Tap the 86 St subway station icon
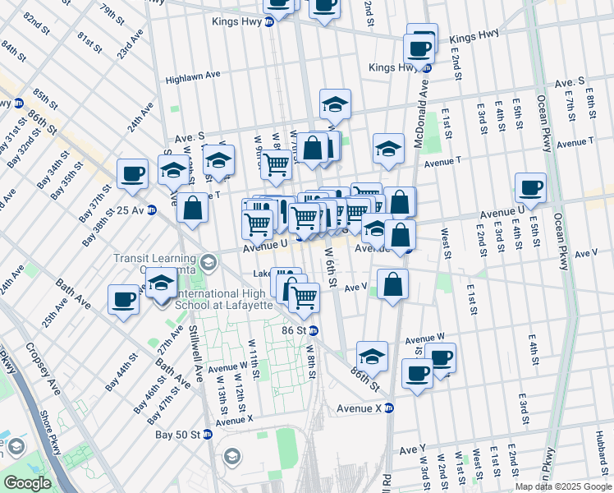[314, 330]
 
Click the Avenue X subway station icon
[390, 408]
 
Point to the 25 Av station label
[130, 210]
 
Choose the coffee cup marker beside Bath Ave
[124, 299]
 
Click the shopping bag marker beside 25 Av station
[192, 209]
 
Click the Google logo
[26, 483]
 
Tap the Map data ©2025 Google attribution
[563, 486]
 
